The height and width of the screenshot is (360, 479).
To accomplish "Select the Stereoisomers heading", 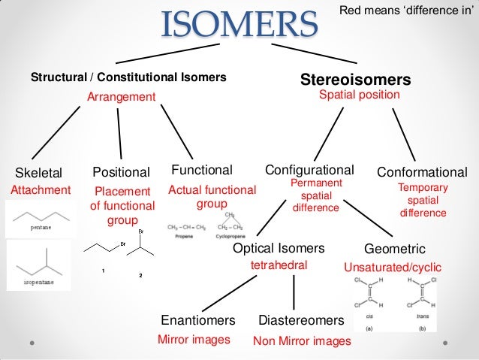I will click(355, 80).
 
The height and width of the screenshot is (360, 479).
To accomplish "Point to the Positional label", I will click(121, 172).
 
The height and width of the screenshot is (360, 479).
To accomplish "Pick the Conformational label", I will click(422, 172).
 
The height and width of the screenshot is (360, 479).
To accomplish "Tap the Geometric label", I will click(394, 249).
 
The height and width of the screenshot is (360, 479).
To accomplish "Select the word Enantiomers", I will click(198, 321).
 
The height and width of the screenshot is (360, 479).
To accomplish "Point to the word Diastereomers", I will click(301, 321).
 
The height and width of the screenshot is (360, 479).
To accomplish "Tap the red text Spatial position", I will click(360, 95).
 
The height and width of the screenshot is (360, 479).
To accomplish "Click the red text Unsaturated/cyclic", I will click(392, 267).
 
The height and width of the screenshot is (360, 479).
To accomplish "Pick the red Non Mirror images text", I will click(302, 340).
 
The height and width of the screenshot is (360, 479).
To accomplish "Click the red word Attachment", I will click(40, 190).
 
